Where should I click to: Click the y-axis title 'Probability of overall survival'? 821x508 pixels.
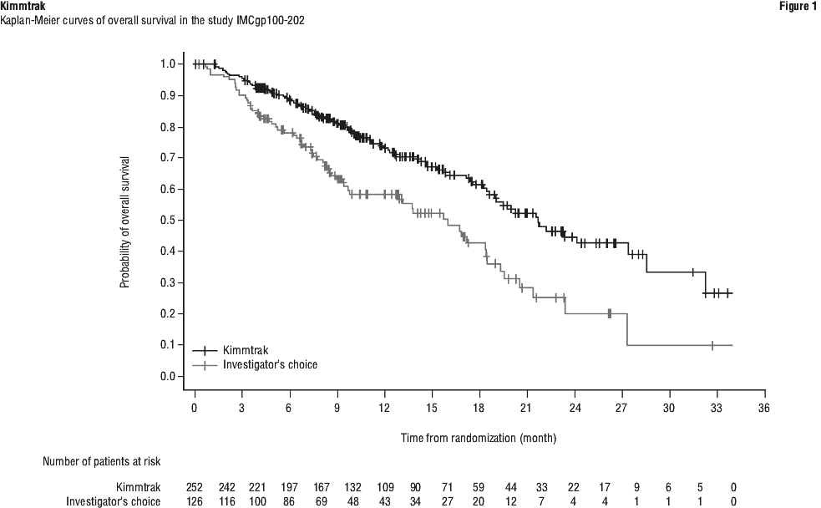coord(125,221)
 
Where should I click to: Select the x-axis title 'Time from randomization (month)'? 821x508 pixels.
coord(479,437)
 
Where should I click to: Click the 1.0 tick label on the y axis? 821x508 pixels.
coord(167,63)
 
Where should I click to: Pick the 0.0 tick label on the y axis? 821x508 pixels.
coord(167,376)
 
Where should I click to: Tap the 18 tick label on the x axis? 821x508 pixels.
coord(479,408)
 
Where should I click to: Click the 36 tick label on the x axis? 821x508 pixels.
coord(763,408)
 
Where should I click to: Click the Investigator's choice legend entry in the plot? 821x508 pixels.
coord(270,364)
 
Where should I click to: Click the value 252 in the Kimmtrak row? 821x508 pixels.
coord(195,486)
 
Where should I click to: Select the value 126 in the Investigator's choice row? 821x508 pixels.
coord(195,500)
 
